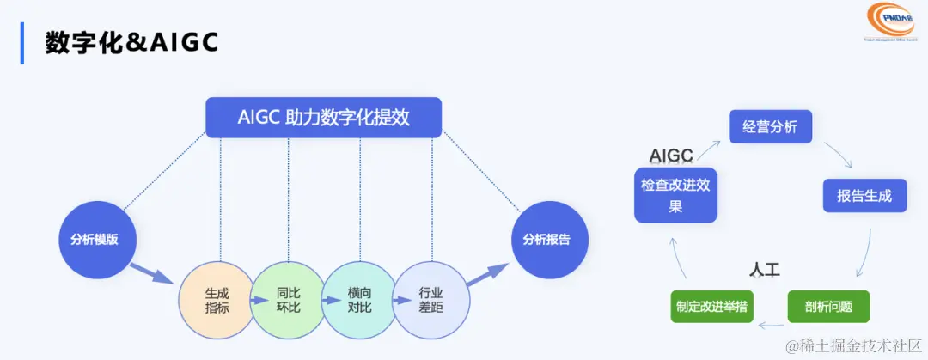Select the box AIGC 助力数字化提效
click(323, 118)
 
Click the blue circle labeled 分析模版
click(94, 240)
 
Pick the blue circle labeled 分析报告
click(546, 240)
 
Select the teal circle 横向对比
click(359, 299)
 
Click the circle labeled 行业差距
click(430, 299)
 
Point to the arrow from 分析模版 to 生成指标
click(154, 272)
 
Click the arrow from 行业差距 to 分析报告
click(485, 276)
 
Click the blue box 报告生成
click(864, 195)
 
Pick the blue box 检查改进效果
click(675, 195)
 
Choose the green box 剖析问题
click(828, 306)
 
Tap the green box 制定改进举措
click(711, 306)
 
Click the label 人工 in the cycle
click(763, 270)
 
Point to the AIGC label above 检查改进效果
click(671, 156)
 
